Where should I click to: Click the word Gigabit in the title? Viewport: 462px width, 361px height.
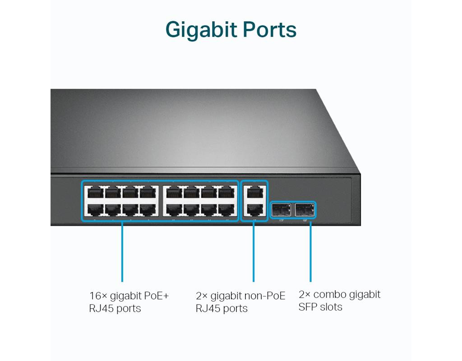pos(202,30)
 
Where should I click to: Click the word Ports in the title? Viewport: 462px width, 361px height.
pos(269,30)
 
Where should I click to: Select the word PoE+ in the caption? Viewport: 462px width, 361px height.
pos(156,296)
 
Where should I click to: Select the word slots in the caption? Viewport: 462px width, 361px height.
pos(331,307)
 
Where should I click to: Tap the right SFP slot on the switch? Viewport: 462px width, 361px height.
pos(305,209)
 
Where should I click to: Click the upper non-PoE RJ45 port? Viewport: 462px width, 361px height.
pos(254,193)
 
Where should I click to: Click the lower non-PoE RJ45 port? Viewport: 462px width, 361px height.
pos(254,209)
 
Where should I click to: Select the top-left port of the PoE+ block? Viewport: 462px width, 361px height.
pos(95,193)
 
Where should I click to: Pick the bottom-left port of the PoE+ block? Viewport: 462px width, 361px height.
pos(95,209)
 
